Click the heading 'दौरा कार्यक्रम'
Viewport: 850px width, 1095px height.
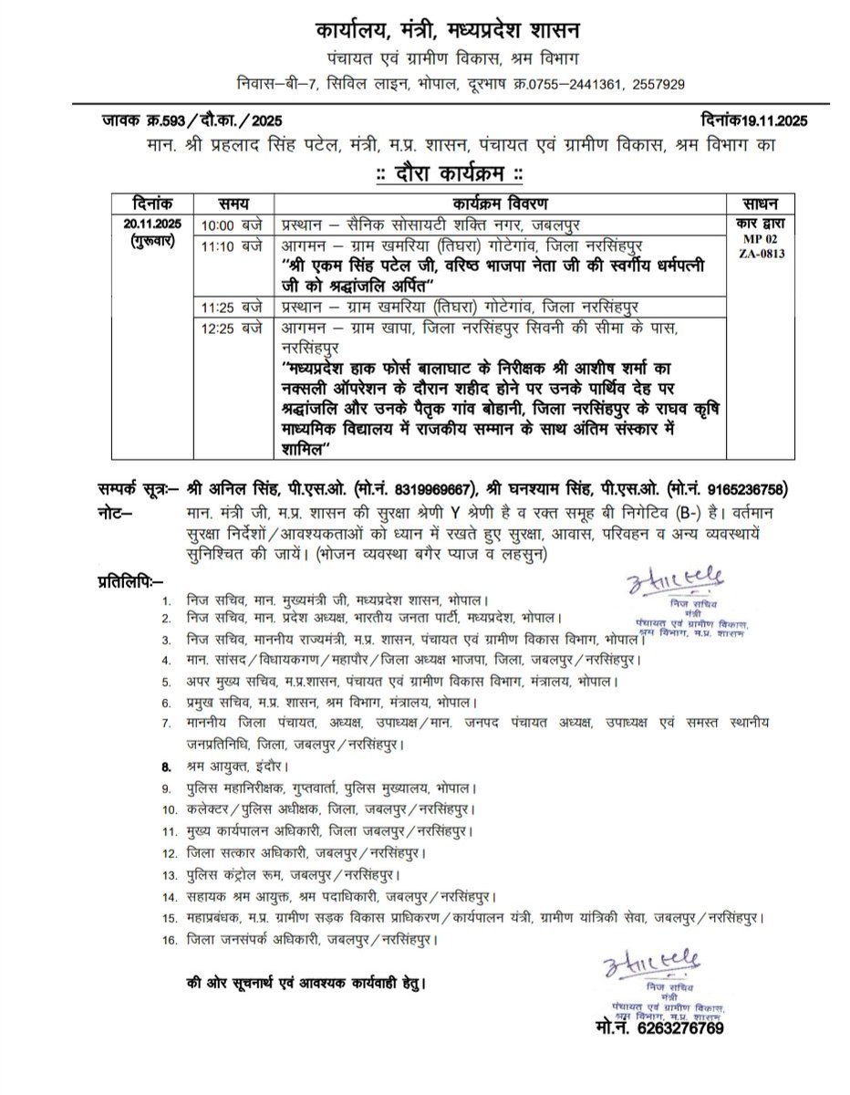tap(424, 173)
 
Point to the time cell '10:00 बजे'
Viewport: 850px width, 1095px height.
tap(233, 224)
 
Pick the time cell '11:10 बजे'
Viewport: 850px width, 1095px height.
tap(233, 245)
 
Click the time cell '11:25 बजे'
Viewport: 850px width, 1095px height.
tap(233, 304)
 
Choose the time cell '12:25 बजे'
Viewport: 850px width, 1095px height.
tap(233, 326)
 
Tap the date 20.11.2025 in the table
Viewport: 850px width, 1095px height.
tap(149, 224)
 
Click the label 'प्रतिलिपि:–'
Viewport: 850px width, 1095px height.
tap(131, 579)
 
